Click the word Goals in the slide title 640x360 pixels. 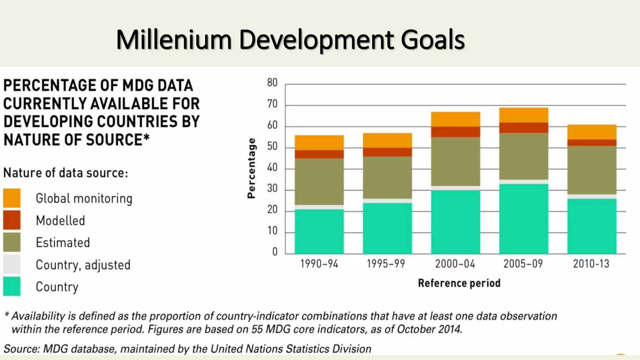point(433,40)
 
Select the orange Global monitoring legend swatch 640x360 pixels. point(12,198)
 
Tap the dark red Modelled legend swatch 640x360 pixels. point(12,220)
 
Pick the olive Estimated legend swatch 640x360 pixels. point(12,242)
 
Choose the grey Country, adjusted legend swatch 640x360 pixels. point(12,264)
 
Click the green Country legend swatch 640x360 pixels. point(12,286)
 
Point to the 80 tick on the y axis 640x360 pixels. point(272,83)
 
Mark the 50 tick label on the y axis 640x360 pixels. point(272,147)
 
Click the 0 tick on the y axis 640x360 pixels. point(275,252)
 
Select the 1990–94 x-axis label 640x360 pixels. point(319,264)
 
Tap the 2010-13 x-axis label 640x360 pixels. point(591,264)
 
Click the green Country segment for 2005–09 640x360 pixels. point(523,219)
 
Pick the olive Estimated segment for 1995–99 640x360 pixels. point(387,177)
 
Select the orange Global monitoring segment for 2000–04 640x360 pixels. point(455,119)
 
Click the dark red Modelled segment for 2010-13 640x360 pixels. point(592,142)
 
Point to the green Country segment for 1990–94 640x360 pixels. point(319,231)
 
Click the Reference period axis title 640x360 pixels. point(459,283)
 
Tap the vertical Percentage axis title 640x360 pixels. point(251,168)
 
